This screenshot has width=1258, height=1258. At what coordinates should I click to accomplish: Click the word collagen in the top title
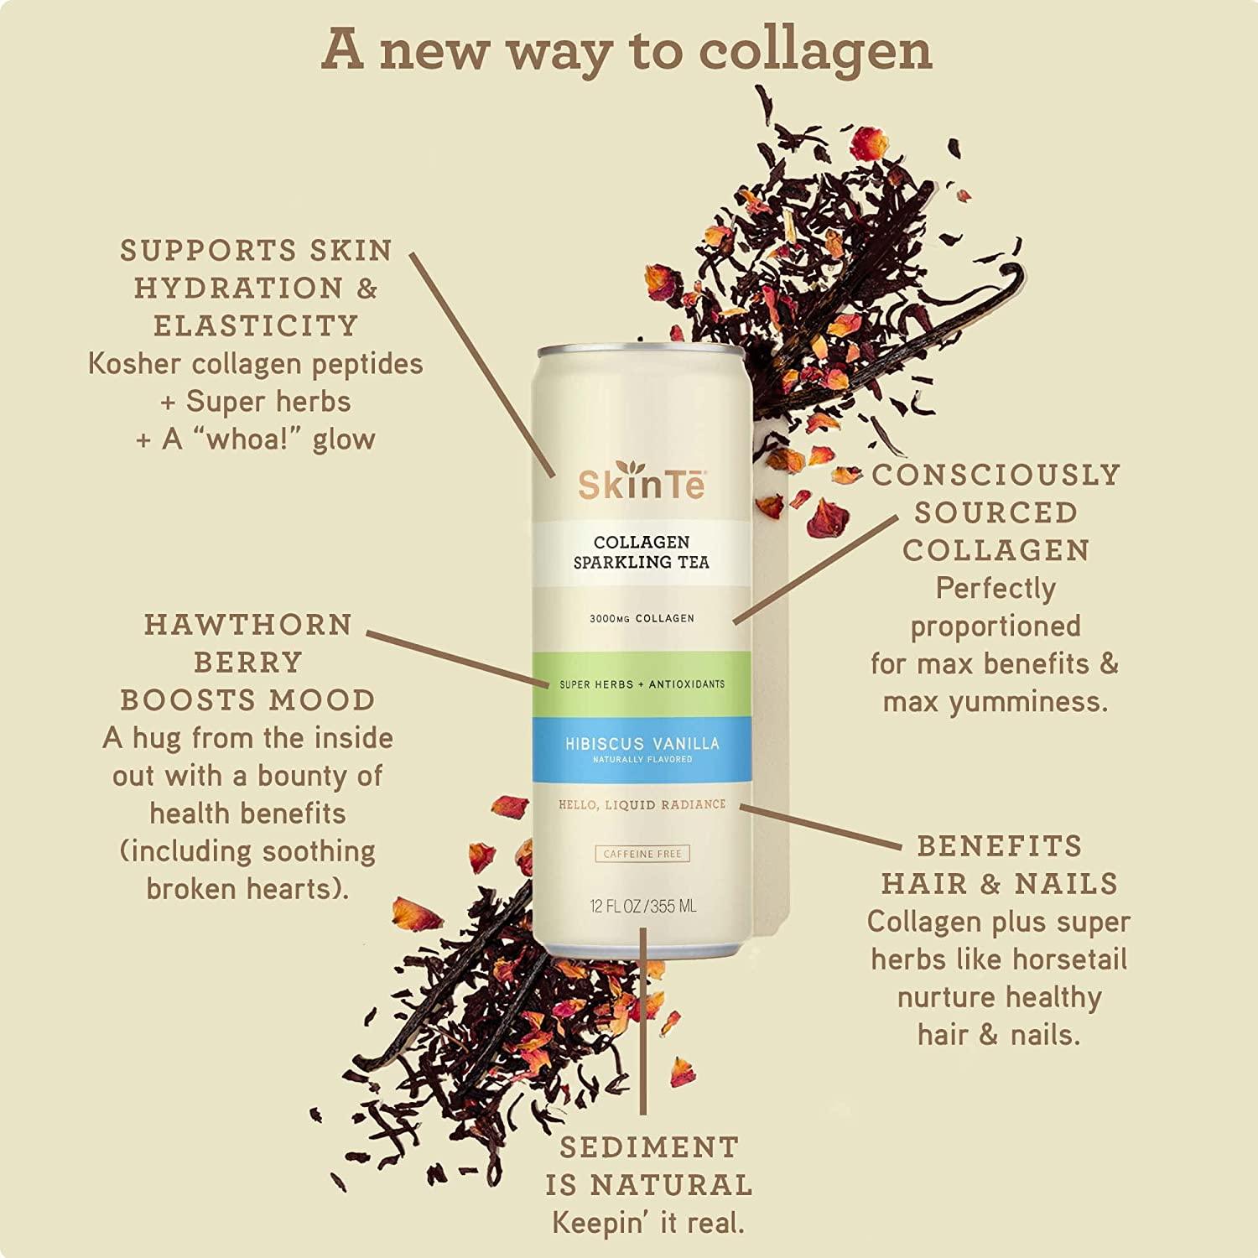click(814, 52)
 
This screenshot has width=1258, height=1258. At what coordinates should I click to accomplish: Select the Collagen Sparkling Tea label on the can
click(642, 552)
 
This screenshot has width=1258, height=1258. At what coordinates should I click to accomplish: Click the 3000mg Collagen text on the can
click(642, 619)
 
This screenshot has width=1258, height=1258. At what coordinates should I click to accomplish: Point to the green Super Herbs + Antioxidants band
click(642, 684)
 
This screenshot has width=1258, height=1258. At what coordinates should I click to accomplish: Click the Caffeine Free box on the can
click(642, 854)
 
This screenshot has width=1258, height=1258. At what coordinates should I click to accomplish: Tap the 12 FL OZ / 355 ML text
click(642, 907)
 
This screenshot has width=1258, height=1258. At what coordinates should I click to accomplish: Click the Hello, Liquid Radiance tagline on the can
click(642, 805)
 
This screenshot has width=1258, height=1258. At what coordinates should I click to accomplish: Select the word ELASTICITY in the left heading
click(256, 326)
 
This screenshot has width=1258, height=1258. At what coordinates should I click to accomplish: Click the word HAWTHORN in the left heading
click(247, 625)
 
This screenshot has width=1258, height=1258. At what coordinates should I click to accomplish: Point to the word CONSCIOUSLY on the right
click(996, 476)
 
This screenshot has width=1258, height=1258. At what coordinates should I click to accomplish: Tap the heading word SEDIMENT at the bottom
click(649, 1147)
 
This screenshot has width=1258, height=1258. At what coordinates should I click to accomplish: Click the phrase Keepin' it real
click(648, 1223)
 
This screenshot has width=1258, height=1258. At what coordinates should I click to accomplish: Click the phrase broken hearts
click(247, 889)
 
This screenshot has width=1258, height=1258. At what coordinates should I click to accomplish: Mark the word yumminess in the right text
click(1028, 702)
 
